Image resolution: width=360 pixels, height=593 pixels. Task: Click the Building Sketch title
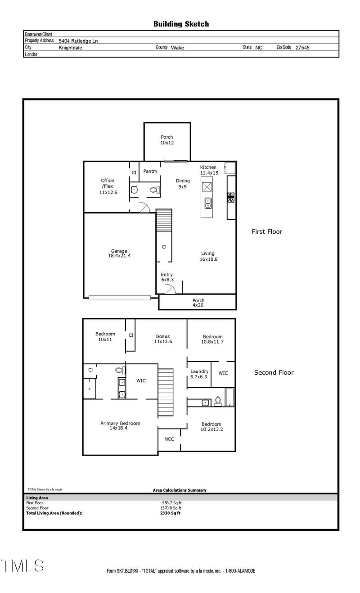(x=181, y=24)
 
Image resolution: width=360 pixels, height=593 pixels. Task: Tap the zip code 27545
(x=302, y=47)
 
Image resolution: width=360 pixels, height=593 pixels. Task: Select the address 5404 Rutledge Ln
(x=78, y=41)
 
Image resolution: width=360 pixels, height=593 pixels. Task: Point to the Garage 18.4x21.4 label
(x=119, y=253)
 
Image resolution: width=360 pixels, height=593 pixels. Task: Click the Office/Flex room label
(x=108, y=186)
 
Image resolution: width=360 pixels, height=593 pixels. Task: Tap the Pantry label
(x=150, y=171)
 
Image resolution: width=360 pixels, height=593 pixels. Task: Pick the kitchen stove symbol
(x=231, y=197)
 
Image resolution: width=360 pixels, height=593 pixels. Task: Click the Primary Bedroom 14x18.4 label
(x=120, y=426)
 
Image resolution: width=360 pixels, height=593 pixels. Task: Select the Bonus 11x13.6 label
(x=163, y=339)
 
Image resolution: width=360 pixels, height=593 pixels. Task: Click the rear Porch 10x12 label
(x=167, y=140)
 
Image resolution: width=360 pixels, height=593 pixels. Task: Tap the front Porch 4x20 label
(x=198, y=303)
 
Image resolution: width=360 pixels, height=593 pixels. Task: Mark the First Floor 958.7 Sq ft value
(x=171, y=503)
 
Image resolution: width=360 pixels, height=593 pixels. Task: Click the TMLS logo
(x=22, y=566)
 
